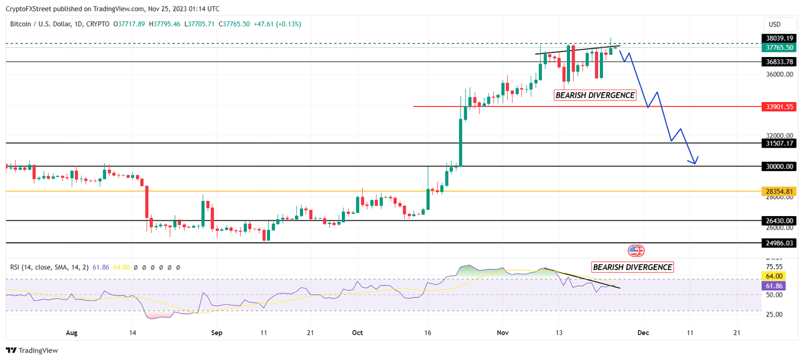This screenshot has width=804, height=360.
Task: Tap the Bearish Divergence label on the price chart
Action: tap(595, 95)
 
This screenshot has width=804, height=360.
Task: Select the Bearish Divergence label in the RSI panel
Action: tap(632, 267)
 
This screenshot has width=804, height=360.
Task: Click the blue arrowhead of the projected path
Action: tap(695, 161)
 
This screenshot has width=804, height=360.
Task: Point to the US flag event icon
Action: tap(636, 251)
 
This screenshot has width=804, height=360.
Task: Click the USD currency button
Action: tap(774, 24)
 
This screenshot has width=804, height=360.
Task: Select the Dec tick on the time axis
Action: tap(643, 332)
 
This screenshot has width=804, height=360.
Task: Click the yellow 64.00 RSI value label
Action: tap(774, 276)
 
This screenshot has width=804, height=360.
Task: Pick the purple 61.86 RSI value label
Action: tap(774, 286)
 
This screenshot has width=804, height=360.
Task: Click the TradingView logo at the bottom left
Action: tap(32, 351)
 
